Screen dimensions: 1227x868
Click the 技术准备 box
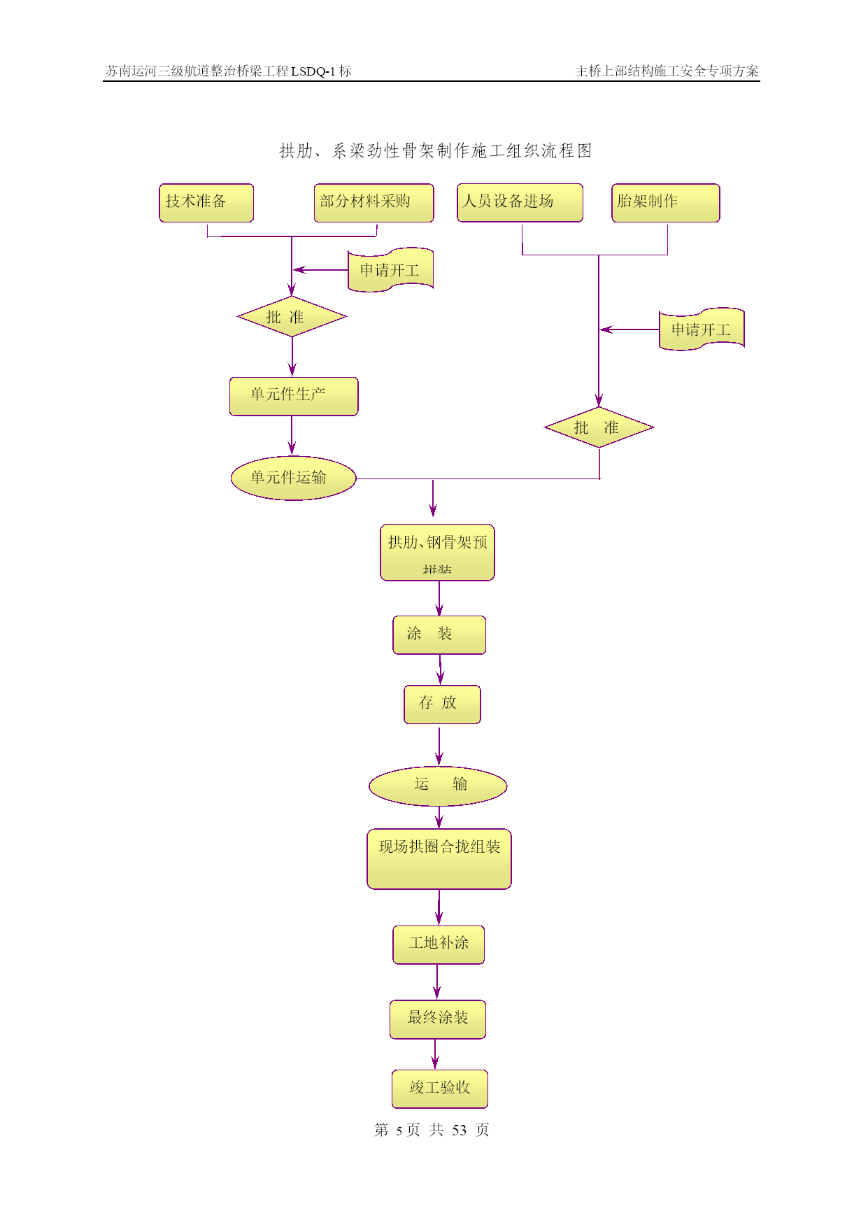206,203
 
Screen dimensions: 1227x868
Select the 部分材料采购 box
373,203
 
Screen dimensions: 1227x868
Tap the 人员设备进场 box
520,203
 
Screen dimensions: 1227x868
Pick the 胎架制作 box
665,203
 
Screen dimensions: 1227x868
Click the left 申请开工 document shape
390,270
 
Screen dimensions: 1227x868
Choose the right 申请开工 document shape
701,329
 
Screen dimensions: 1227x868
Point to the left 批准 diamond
292,317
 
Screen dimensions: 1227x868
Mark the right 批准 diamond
599,427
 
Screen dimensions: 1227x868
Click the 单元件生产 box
294,397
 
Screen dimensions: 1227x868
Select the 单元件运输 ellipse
293,478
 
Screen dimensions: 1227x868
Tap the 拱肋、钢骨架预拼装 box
437,553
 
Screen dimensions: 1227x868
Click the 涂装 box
439,634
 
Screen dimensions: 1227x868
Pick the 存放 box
442,704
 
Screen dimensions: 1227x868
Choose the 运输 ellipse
438,786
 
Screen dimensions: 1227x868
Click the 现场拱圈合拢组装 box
439,859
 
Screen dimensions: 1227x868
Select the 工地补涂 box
439,944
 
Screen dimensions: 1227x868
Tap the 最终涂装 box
438,1019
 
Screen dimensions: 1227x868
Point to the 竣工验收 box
439,1088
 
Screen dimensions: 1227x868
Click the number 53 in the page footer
459,1130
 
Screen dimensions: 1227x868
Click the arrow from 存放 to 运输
439,746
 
